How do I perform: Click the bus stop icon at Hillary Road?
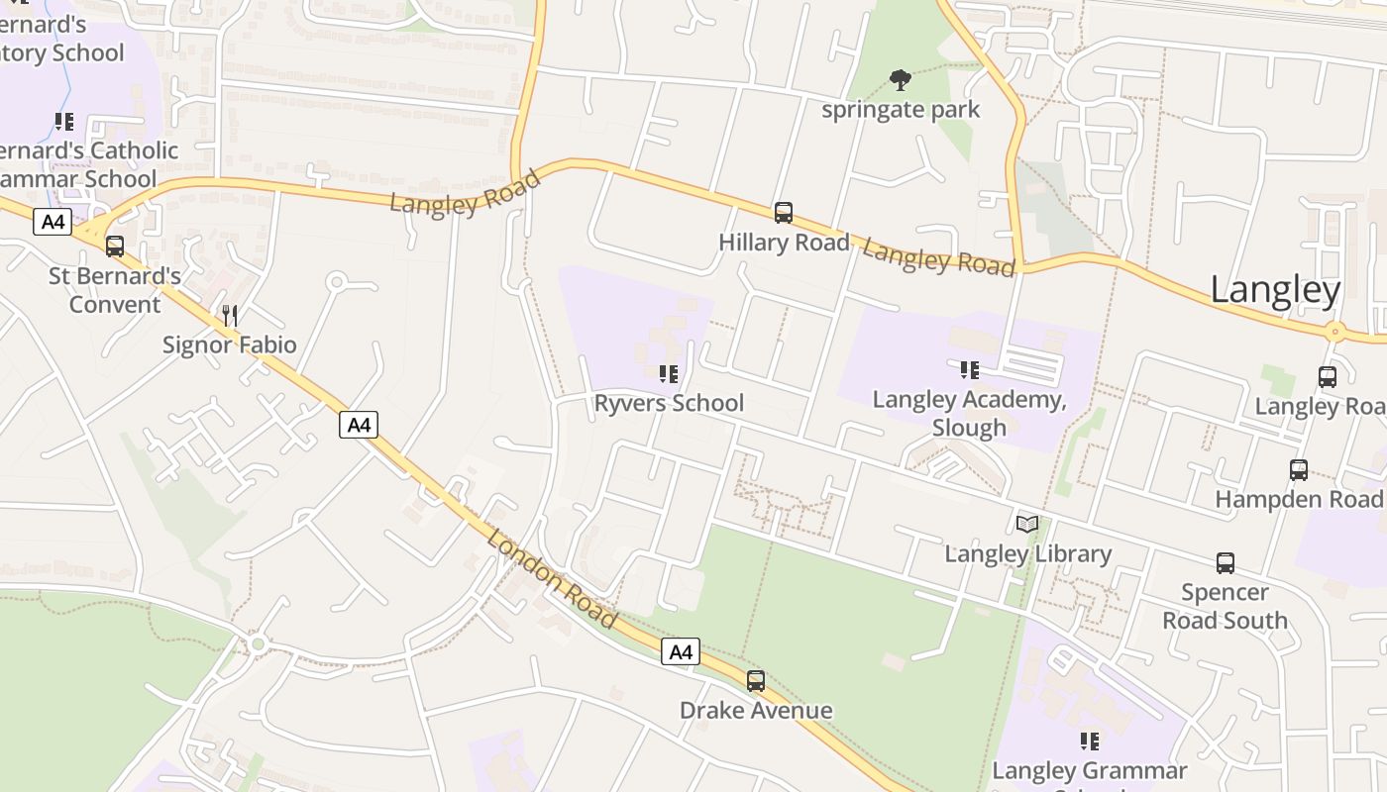[x=784, y=212]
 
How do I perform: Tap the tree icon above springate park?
[x=901, y=79]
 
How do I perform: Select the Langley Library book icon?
[x=1027, y=524]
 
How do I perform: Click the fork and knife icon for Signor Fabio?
[x=230, y=316]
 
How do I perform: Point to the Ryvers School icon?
[x=669, y=374]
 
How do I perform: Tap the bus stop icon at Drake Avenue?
[x=756, y=681]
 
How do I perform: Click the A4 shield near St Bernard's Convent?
[x=53, y=222]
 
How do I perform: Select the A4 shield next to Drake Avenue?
[x=681, y=651]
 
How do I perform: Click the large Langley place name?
[x=1275, y=290]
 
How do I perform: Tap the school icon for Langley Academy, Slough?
[x=969, y=370]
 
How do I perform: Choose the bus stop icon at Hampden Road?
[x=1299, y=470]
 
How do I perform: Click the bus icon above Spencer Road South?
[x=1226, y=563]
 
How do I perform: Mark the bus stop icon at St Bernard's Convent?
[x=115, y=246]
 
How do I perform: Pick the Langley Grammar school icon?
[x=1090, y=741]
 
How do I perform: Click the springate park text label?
[x=901, y=109]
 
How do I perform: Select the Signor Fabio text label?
[x=230, y=345]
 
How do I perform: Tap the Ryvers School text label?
[x=669, y=403]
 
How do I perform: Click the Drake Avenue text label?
[x=756, y=710]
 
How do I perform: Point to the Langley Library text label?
[x=1027, y=553]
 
